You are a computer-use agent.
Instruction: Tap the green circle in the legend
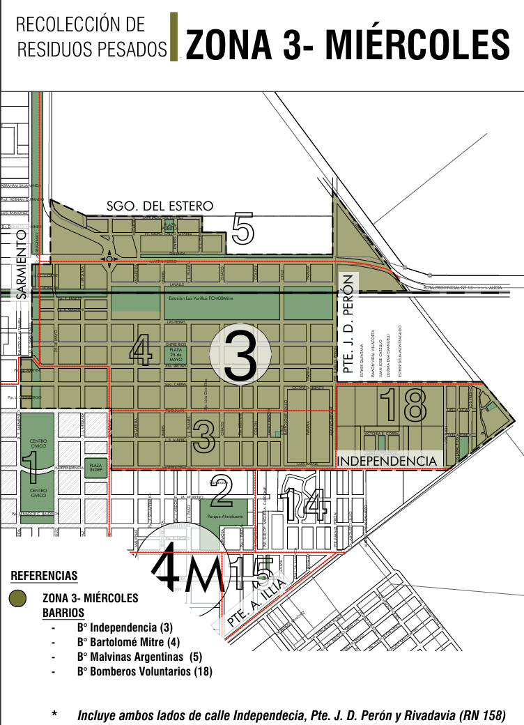click(x=17, y=598)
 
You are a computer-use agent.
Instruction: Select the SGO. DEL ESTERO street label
click(x=160, y=206)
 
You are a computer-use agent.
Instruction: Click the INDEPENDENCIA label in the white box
click(x=387, y=461)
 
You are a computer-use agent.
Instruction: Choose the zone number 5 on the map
click(x=242, y=229)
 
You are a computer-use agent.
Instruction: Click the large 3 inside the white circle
click(x=242, y=356)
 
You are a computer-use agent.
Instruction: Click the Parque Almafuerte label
click(x=223, y=517)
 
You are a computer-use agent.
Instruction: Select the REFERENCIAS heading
click(x=45, y=577)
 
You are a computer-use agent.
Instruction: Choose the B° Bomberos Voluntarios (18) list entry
click(x=145, y=671)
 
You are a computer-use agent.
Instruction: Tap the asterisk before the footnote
click(x=54, y=715)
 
